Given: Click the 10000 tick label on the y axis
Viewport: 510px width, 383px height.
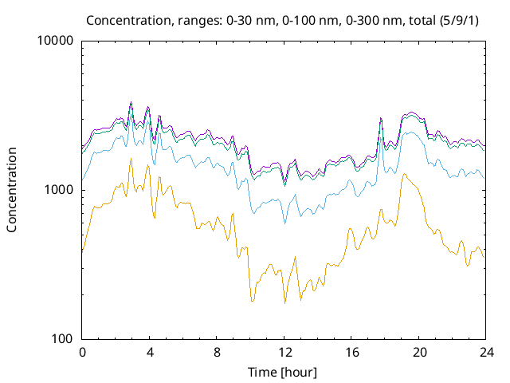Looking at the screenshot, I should pyautogui.click(x=57, y=41).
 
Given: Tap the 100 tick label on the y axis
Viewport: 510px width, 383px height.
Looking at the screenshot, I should pyautogui.click(x=63, y=339).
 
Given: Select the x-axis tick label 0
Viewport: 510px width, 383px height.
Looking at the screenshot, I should pyautogui.click(x=82, y=352).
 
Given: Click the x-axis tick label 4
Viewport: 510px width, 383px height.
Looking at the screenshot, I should pyautogui.click(x=150, y=352).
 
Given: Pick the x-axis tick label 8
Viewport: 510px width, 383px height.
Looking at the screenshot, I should pyautogui.click(x=217, y=352).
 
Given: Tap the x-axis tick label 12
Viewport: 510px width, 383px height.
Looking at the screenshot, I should pyautogui.click(x=284, y=352).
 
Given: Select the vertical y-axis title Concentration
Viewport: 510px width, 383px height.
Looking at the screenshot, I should pyautogui.click(x=12, y=190).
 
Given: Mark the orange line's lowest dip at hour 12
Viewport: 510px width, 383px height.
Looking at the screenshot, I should pyautogui.click(x=284, y=303).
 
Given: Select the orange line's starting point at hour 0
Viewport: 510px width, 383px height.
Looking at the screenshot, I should pyautogui.click(x=82, y=253).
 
